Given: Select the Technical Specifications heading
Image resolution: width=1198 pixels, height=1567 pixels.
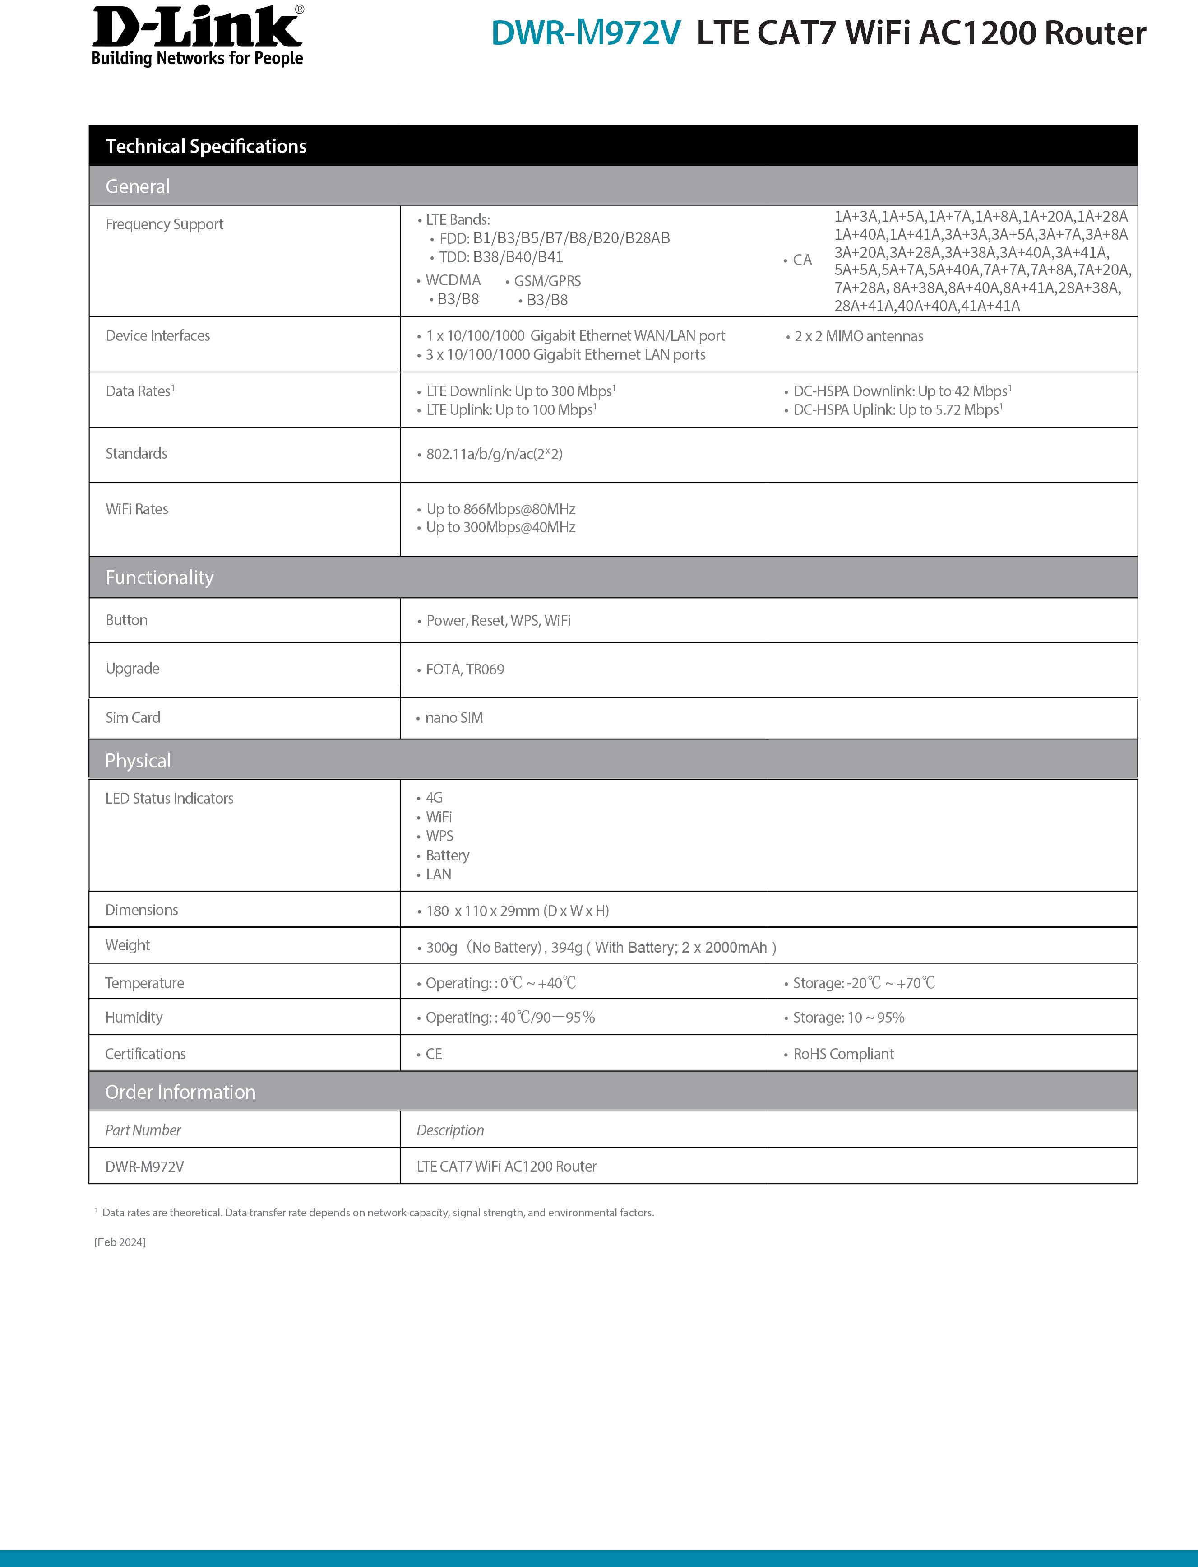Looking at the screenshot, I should (206, 146).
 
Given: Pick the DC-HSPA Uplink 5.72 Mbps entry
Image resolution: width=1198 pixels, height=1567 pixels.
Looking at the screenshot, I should (897, 409).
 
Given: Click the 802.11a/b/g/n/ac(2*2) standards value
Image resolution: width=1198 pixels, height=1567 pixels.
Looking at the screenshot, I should (494, 454).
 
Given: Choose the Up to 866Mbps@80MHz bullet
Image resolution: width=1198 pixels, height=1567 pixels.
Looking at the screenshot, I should (500, 509).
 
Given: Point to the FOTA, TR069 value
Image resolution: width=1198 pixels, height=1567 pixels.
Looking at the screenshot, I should (464, 670).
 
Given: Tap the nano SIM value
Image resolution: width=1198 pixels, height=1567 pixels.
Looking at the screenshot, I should (453, 718).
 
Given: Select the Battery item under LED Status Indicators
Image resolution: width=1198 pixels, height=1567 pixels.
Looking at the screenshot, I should (447, 855).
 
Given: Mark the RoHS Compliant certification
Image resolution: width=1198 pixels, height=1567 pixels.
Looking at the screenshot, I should (843, 1054).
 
